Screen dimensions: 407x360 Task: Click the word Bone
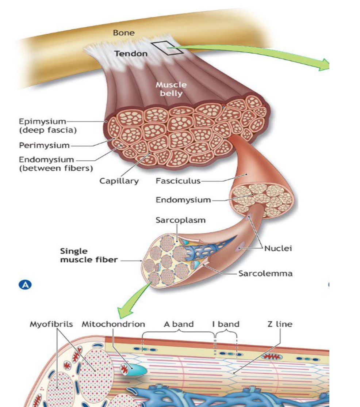point(123,33)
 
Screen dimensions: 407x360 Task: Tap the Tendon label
point(131,54)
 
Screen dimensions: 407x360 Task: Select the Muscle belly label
point(171,89)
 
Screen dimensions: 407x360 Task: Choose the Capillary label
point(119,181)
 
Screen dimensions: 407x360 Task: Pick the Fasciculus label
point(178,181)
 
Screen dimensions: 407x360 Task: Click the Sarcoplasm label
point(180,220)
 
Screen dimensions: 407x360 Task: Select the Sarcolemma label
point(265,273)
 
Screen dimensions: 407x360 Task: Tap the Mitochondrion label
point(113,324)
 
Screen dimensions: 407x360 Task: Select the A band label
point(179,324)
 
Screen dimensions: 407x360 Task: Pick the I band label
point(226,324)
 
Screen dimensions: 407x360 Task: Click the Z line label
point(280,324)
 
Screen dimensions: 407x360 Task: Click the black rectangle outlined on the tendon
point(168,48)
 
